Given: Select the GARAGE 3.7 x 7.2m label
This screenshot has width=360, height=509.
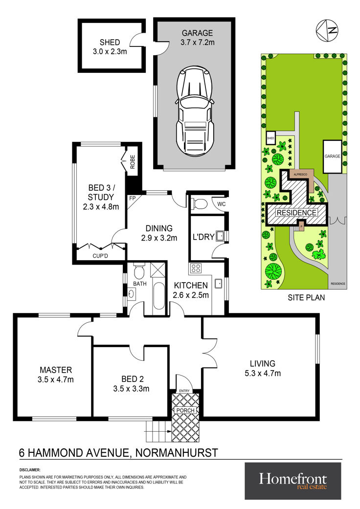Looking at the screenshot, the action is [x=198, y=37].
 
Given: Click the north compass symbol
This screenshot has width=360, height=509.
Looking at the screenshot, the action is [x=327, y=30].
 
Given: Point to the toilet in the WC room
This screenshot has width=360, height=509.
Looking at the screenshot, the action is [x=199, y=204].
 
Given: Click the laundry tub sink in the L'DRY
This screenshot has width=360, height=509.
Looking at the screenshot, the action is [x=221, y=235].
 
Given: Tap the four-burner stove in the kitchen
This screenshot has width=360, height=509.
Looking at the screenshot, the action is [x=196, y=268].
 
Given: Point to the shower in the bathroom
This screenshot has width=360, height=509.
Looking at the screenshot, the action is [x=159, y=270].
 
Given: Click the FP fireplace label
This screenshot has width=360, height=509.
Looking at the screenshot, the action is [x=132, y=198].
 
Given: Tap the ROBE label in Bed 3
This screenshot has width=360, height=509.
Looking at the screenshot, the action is [x=133, y=162].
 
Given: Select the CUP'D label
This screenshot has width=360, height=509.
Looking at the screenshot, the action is [x=100, y=256].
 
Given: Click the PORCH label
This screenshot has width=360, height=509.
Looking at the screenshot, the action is [x=185, y=410].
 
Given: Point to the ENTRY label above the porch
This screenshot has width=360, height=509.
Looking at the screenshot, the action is [x=184, y=391].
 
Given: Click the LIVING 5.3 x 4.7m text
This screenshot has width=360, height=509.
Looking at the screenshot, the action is [x=263, y=369].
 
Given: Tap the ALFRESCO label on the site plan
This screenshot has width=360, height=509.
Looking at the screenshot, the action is [x=300, y=175].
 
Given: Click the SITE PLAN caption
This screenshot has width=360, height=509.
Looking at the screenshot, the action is [x=306, y=297].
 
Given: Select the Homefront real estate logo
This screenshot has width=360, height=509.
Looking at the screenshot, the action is [x=293, y=481].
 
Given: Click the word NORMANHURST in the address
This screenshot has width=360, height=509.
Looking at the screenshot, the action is [x=177, y=452].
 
